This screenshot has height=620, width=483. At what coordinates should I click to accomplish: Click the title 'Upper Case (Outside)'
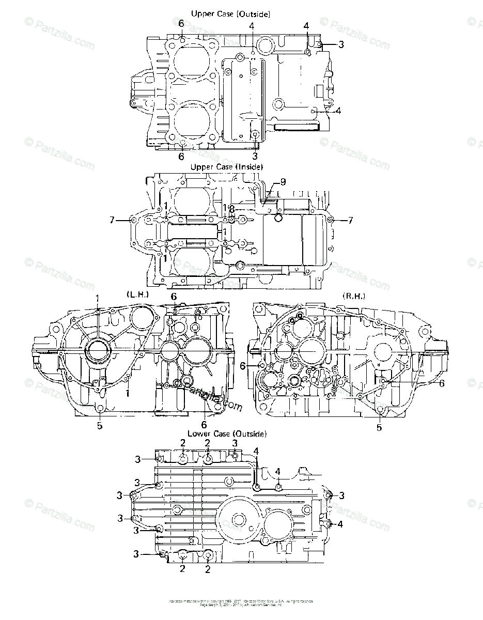click(x=230, y=14)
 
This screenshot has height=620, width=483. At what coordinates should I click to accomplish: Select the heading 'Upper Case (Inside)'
click(x=226, y=167)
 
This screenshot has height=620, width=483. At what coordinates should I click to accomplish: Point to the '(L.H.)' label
click(x=137, y=294)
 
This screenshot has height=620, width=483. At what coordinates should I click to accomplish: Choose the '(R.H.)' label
click(x=354, y=295)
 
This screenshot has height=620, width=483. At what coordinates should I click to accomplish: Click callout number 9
click(x=283, y=181)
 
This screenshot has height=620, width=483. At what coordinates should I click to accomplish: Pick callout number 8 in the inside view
click(x=232, y=209)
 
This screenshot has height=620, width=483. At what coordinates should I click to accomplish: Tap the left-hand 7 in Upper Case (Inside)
click(x=111, y=221)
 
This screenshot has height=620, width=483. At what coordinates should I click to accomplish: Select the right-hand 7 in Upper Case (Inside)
click(x=350, y=221)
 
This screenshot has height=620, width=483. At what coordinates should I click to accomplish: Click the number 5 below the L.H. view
click(x=100, y=426)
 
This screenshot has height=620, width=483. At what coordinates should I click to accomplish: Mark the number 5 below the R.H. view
click(x=379, y=427)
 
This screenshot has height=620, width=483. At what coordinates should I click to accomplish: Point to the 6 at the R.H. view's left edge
click(x=242, y=366)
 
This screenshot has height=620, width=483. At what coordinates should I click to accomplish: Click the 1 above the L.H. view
click(x=98, y=298)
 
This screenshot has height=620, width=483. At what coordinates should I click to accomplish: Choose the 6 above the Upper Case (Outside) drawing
click(x=181, y=23)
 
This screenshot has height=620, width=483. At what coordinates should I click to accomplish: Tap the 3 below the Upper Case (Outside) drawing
click(x=255, y=155)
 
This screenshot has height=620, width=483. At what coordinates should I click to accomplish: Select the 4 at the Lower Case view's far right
click(x=340, y=524)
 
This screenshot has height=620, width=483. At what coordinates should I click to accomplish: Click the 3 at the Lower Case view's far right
click(x=341, y=495)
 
